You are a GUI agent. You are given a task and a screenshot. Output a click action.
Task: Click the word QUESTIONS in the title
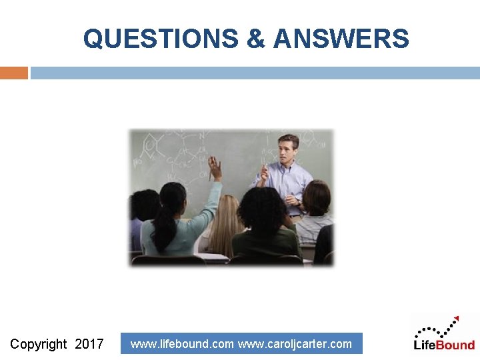[160, 39]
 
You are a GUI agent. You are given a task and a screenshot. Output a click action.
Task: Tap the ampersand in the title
[255, 39]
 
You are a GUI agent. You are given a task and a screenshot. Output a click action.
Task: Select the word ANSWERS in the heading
[341, 39]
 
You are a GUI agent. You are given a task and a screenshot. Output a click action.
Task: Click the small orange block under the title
[13, 73]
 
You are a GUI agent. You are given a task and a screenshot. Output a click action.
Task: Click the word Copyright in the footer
[39, 344]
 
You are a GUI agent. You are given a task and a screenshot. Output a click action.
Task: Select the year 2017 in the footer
[89, 344]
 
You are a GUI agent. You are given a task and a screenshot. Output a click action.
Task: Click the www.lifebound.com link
[182, 344]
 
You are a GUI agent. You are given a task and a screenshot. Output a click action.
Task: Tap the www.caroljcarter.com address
[295, 344]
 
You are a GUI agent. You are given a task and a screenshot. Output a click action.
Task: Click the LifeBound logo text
[444, 345]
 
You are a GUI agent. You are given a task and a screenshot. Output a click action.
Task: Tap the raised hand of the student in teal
[214, 167]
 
